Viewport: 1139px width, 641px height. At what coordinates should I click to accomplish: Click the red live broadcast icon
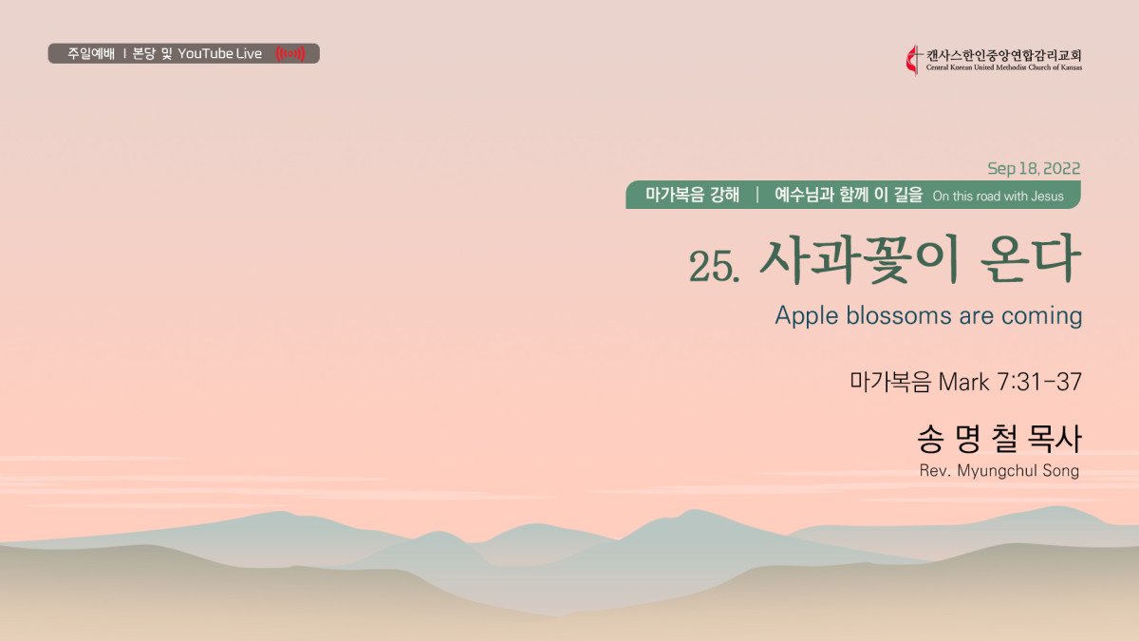pos(290,53)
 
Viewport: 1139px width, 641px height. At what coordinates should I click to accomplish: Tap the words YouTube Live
pos(219,53)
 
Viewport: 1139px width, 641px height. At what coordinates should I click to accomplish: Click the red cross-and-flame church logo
pos(913,60)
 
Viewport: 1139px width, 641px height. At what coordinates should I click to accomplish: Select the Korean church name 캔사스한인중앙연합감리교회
pos(1004,55)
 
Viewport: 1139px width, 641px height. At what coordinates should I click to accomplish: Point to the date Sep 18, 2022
pos(1034,168)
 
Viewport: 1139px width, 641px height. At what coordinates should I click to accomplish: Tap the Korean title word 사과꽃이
pos(859,260)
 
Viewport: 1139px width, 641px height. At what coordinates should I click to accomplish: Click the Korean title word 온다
pos(1030,260)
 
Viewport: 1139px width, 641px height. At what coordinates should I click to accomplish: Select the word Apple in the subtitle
pos(807,316)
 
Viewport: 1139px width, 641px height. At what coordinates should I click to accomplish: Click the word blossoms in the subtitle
pos(900,315)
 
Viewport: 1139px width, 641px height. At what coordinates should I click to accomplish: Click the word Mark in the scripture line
pos(963,382)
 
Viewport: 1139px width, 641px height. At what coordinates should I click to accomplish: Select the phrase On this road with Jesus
pos(998,197)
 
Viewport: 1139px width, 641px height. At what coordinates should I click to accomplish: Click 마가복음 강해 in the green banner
pos(692,195)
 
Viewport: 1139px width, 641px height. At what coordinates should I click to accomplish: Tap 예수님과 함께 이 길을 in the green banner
pos(849,195)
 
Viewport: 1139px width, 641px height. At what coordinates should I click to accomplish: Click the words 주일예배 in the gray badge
pos(91,53)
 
